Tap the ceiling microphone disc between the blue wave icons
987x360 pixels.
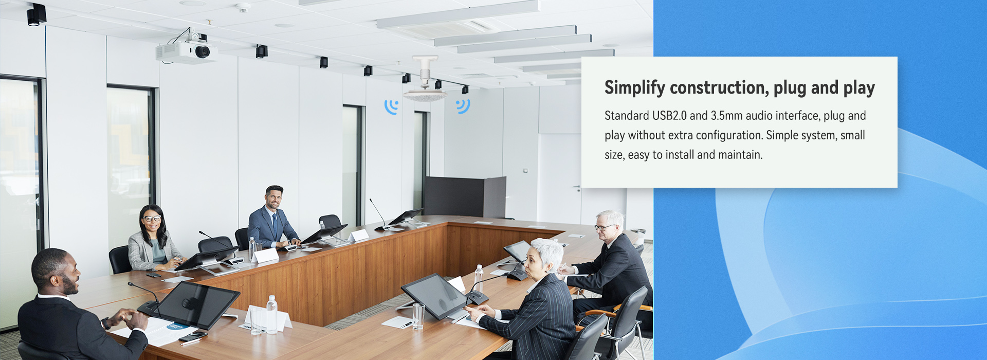[x=425, y=95]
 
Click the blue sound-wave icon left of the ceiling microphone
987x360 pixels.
[x=391, y=106]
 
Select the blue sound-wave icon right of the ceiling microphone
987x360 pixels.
[x=463, y=106]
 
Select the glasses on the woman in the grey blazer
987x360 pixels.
[x=152, y=219]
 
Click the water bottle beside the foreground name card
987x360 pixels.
[x=271, y=314]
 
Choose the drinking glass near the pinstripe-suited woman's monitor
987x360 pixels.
[x=418, y=316]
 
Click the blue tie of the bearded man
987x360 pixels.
[x=275, y=225]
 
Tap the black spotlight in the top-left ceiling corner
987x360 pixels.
[x=36, y=15]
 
